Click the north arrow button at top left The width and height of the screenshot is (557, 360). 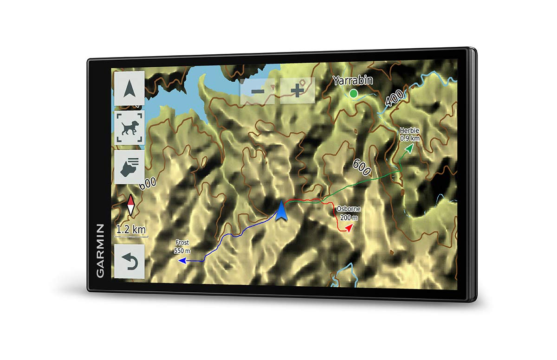point(129,89)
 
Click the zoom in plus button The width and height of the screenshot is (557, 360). point(297,90)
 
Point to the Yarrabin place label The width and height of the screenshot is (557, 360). point(353,81)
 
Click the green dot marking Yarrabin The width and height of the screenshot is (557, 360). point(354,94)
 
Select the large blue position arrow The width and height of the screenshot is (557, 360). point(281,211)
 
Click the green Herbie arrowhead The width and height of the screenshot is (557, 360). point(409,148)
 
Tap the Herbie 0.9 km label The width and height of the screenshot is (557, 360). point(409,135)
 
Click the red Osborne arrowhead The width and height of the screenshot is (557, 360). point(349,227)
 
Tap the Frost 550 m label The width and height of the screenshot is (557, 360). point(182,247)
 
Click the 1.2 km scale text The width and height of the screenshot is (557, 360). point(130,229)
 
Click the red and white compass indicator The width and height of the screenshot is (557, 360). point(131,205)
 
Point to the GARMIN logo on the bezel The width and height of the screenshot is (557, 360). point(100,251)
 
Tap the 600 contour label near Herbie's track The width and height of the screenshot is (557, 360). point(362,167)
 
